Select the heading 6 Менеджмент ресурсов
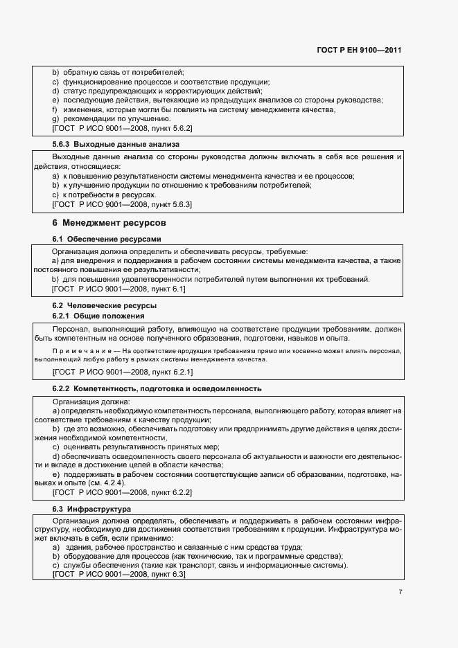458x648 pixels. pyautogui.click(x=109, y=224)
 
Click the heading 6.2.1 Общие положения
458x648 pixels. pyautogui.click(x=98, y=316)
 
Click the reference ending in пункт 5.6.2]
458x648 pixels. pyautogui.click(x=122, y=129)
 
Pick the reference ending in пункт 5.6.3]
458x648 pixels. pyautogui.click(x=122, y=205)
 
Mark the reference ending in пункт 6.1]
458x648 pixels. pyautogui.click(x=118, y=289)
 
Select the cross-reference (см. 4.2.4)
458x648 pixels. pyautogui.click(x=104, y=483)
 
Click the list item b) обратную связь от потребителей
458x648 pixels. pyautogui.click(x=118, y=71)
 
